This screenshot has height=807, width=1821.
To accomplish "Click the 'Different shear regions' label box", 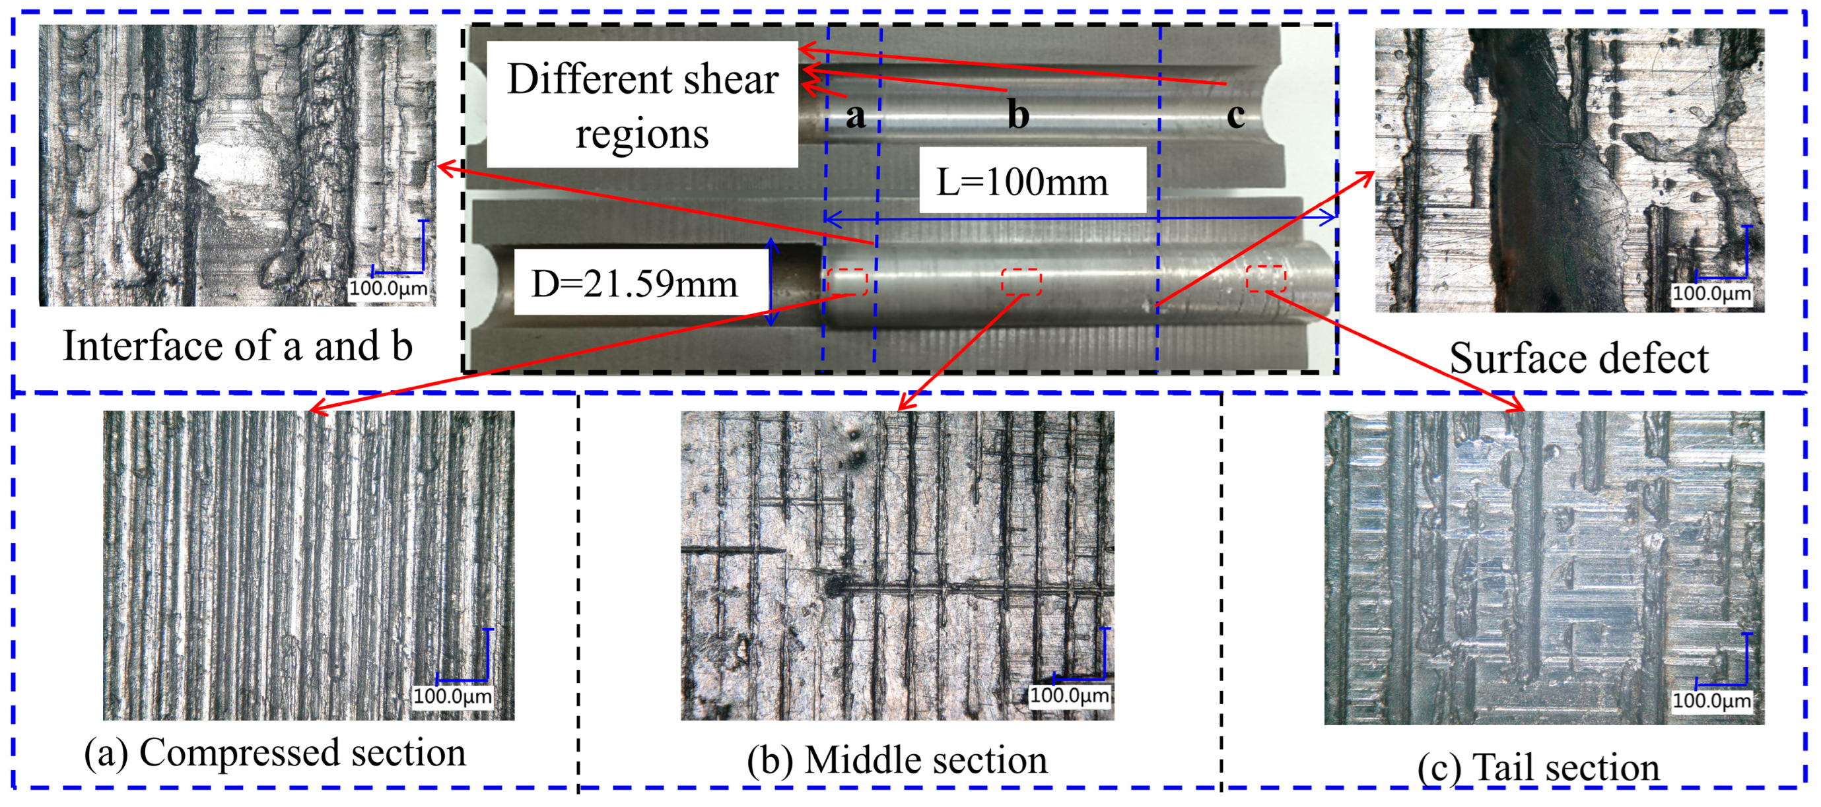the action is pos(642,104).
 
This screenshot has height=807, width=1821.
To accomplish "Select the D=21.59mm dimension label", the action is pos(634,282).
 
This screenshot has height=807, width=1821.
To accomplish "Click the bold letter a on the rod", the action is pos(855,115).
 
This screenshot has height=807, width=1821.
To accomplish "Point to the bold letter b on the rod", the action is pos(1018,115).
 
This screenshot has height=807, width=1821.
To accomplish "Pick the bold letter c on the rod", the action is pos(1236,115).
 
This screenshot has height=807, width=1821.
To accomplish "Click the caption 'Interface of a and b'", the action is pos(238,346).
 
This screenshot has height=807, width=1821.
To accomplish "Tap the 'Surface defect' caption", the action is pos(1579,358).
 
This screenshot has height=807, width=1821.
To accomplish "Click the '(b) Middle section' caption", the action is pos(897,760).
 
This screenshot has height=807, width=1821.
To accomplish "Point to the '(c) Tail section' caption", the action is pos(1538,767).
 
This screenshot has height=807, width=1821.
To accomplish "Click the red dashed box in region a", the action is pos(848,282).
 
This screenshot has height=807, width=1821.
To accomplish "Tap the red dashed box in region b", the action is pos(1021,282).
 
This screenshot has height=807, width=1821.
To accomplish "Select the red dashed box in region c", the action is pos(1265,278).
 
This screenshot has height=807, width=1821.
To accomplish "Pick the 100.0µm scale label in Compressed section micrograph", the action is pos(452,697).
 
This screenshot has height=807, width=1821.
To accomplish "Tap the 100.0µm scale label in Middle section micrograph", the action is pos(1069,695).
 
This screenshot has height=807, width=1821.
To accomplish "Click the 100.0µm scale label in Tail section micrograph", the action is pos(1711,701).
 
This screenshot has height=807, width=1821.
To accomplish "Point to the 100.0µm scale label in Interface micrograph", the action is pos(389,288).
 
